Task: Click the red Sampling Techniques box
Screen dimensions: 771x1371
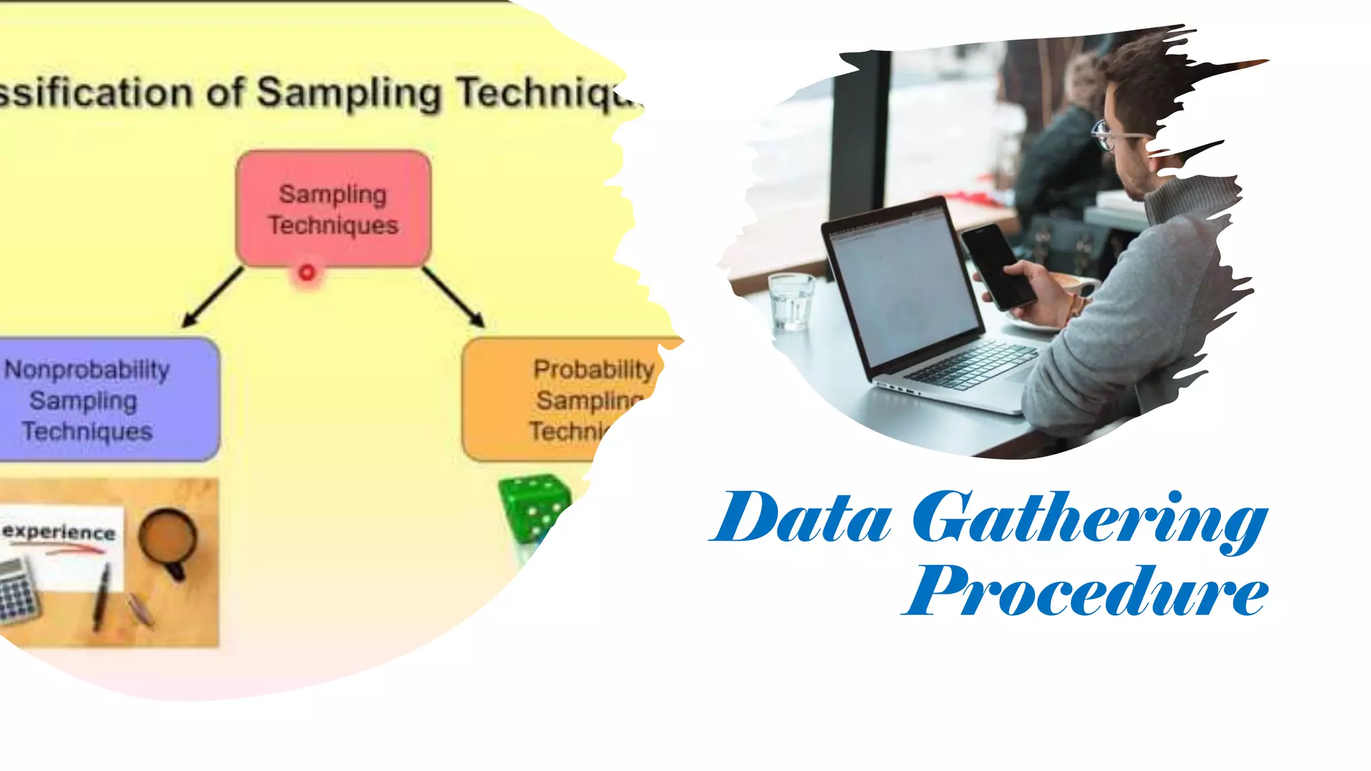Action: click(333, 209)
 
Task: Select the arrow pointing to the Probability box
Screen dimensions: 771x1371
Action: click(454, 297)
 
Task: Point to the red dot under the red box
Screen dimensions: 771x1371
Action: click(307, 272)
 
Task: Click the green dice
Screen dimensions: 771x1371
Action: click(534, 507)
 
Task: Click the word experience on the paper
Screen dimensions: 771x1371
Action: click(59, 532)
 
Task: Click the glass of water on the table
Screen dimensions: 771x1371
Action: click(791, 301)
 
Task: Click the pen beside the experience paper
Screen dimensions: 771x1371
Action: click(102, 596)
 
